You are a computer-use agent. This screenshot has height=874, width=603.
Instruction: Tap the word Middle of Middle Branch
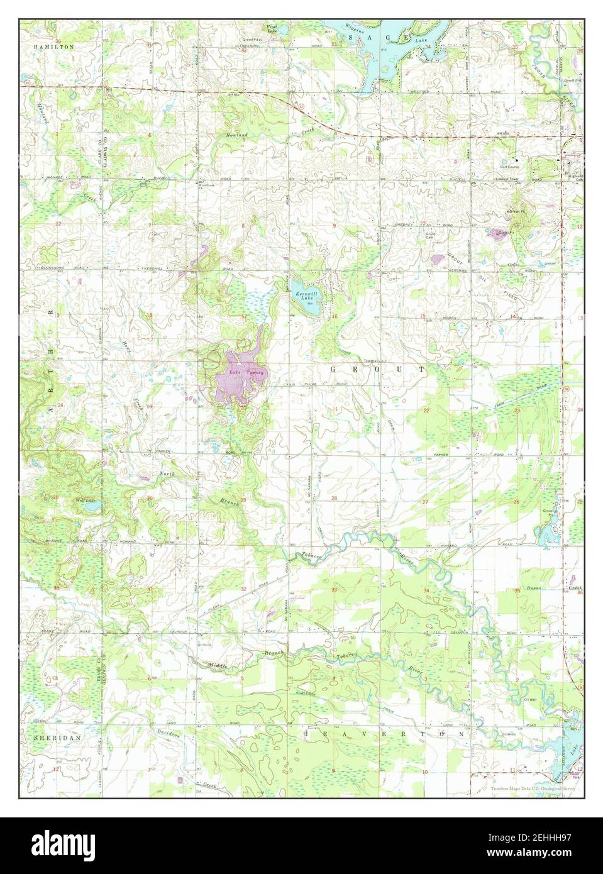[220, 665]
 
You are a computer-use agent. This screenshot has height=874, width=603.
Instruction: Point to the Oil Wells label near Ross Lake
[510, 733]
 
